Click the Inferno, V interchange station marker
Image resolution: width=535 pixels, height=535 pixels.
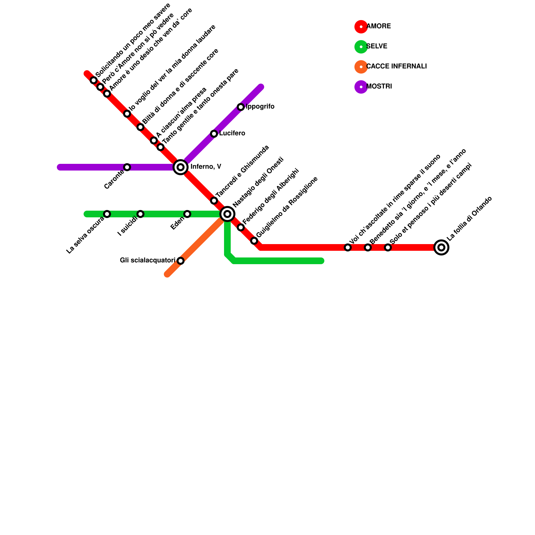click(x=181, y=167)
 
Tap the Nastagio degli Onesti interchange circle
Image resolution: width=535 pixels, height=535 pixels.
click(x=227, y=214)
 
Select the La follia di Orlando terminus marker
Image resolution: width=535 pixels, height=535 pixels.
click(x=441, y=247)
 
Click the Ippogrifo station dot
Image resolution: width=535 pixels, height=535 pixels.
click(x=241, y=107)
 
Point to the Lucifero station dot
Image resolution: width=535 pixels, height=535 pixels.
click(x=214, y=134)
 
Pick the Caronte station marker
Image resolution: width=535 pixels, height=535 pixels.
click(x=127, y=167)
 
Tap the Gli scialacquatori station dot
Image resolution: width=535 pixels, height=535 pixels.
click(x=181, y=261)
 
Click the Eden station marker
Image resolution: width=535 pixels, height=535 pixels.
click(x=187, y=214)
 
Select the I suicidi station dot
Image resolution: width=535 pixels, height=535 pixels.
click(x=140, y=214)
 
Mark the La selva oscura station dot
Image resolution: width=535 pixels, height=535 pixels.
click(x=107, y=214)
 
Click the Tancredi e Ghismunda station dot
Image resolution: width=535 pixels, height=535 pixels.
click(x=214, y=201)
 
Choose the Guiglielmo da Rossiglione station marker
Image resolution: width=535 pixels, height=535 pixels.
click(x=254, y=241)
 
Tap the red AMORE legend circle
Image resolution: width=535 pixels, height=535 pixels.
click(x=361, y=27)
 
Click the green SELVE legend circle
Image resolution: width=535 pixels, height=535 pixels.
click(x=361, y=47)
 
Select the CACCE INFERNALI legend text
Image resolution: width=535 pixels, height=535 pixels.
click(x=397, y=67)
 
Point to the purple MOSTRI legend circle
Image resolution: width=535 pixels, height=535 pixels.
click(x=361, y=87)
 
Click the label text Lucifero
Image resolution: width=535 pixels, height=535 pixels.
click(x=232, y=133)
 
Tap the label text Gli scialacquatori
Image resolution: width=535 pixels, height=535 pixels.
click(x=147, y=260)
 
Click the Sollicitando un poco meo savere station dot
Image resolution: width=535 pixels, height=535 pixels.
click(x=94, y=80)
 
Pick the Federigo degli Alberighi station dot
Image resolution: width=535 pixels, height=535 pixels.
click(x=241, y=227)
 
